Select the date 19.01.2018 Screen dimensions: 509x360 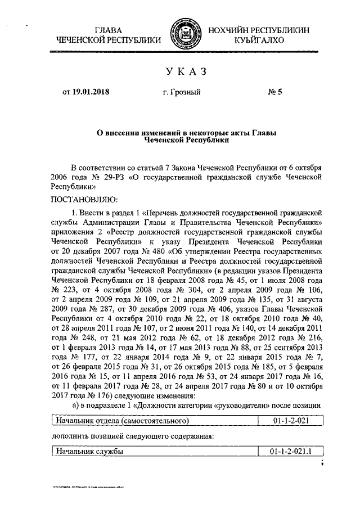(89, 92)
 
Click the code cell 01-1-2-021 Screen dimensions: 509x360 (289, 420)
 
